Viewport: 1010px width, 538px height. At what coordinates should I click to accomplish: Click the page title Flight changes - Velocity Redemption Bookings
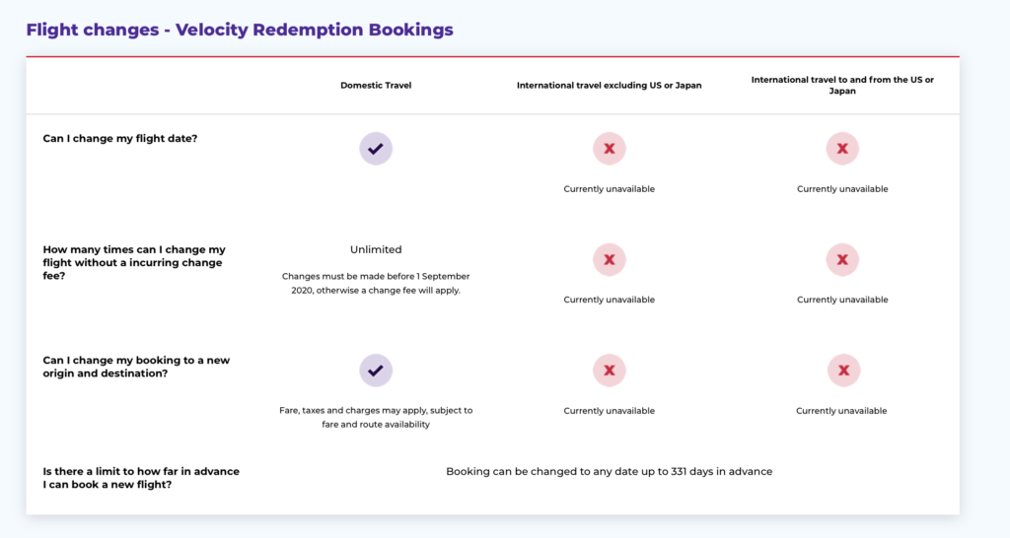coord(240,30)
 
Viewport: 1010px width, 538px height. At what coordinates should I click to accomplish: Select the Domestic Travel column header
coord(376,85)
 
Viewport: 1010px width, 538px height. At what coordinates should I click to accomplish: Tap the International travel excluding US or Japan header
coord(609,85)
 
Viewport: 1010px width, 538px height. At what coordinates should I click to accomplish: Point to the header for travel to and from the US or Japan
coord(842,85)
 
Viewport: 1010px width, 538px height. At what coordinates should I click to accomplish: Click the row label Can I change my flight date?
coord(119,138)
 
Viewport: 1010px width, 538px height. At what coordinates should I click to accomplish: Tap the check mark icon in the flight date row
coord(376,149)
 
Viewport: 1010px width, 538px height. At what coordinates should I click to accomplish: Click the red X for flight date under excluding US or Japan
coord(609,149)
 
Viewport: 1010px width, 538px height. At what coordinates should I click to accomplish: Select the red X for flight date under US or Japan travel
coord(842,149)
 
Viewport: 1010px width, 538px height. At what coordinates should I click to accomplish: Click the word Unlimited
coord(376,249)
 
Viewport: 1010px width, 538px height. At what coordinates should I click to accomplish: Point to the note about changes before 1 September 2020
coord(376,283)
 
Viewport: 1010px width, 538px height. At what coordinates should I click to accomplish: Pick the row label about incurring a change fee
coord(134,262)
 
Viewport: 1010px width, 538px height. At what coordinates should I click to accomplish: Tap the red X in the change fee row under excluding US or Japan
coord(609,259)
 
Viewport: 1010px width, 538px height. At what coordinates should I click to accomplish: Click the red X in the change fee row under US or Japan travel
coord(842,259)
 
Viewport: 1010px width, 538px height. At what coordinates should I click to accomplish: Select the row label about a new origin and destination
coord(136,367)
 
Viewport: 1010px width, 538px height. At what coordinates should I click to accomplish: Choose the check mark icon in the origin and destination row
coord(376,370)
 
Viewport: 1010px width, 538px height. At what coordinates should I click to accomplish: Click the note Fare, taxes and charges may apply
coord(376,417)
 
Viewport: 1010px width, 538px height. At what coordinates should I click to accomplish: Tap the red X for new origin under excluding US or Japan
coord(609,370)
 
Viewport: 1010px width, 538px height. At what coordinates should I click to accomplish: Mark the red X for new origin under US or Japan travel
coord(843,370)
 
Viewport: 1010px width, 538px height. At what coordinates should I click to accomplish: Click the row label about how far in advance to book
coord(141,478)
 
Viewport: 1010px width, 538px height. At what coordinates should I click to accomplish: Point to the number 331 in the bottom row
coord(679,471)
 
